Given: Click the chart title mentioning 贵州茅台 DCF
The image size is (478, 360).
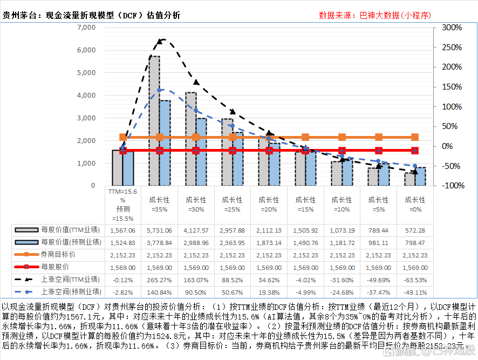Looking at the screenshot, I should click(91, 15).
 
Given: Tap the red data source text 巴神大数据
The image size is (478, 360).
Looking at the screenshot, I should click(375, 15).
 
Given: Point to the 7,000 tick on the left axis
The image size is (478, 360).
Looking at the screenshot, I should click(86, 28).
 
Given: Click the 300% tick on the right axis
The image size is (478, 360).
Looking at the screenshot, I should click(451, 28).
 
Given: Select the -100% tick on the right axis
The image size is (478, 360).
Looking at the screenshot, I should click(450, 186).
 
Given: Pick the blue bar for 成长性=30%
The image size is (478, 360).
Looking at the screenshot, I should click(201, 152).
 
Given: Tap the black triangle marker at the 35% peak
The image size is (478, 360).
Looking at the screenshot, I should click(160, 41).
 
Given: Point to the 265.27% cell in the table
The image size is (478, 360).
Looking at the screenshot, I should click(160, 279).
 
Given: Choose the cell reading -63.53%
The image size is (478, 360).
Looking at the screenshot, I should click(415, 279).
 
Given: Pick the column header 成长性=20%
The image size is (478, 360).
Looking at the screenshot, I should click(269, 204).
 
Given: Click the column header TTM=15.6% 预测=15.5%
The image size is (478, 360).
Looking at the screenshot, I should click(122, 205).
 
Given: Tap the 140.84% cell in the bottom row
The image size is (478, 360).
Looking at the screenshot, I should click(160, 291).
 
